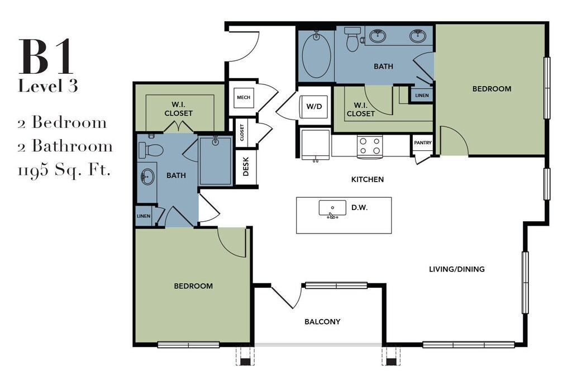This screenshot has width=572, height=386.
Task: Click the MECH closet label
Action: click(244, 97)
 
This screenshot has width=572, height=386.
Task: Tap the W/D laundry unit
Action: click(314, 107)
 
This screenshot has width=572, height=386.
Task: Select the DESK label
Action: click(246, 166)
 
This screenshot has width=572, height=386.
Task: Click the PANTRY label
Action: click(423, 142)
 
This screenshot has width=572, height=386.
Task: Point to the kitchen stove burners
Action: click(370, 146)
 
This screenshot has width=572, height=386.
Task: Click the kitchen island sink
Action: click(332, 209)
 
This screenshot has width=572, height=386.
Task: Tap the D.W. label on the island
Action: click(359, 208)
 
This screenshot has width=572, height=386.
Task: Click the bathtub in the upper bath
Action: click(316, 55)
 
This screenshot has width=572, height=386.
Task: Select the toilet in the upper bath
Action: click(352, 39)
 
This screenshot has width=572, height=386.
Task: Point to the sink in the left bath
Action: click(147, 177)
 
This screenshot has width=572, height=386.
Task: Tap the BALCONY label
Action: click(322, 322)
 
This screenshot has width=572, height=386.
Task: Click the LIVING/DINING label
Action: click(457, 269)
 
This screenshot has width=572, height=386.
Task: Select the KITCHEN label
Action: click(368, 179)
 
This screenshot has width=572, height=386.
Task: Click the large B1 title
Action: click(46, 56)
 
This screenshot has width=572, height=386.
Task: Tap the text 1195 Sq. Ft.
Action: click(64, 170)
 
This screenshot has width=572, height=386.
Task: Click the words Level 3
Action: click(48, 86)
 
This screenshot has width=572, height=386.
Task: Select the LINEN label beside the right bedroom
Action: click(422, 96)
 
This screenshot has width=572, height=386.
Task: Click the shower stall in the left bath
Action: click(215, 160)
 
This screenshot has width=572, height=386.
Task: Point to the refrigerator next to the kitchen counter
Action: click(316, 144)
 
